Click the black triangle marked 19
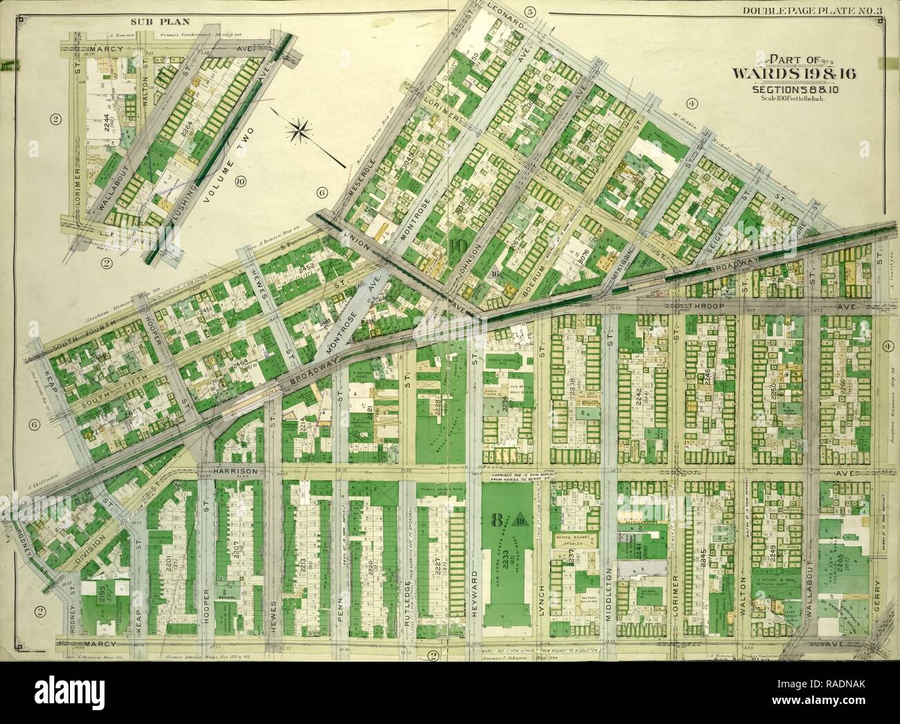[520, 519]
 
